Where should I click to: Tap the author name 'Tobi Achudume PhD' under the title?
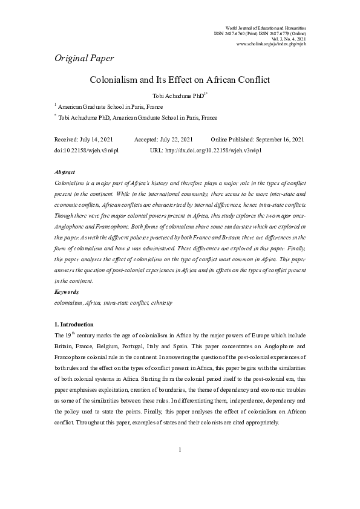click(x=177, y=96)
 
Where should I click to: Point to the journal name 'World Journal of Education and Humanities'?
click(x=265, y=28)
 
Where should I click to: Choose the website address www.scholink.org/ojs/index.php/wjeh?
click(x=271, y=45)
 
